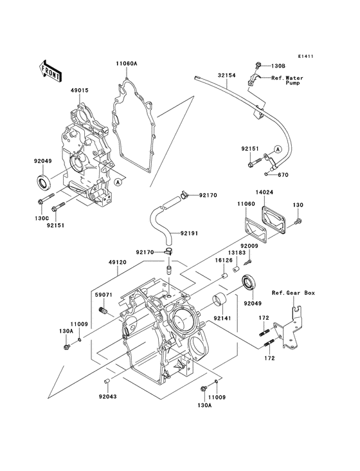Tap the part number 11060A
127,64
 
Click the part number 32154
227,75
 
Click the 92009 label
249,245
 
